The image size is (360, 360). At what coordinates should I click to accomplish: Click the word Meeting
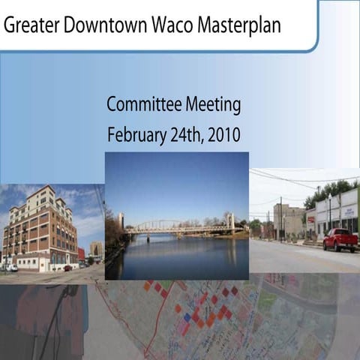(211, 106)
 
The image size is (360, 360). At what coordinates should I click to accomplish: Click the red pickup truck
(340, 239)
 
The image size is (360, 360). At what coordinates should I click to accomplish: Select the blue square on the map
(187, 317)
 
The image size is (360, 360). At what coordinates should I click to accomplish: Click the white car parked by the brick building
(10, 267)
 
